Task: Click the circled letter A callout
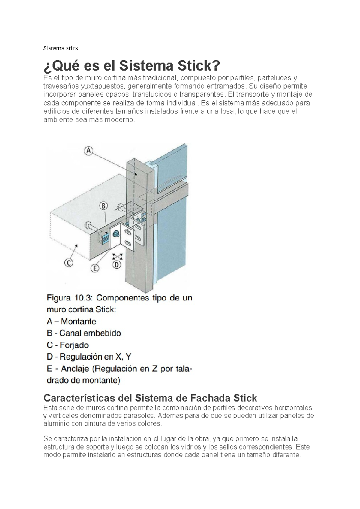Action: (x=88, y=151)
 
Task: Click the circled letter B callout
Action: (x=103, y=206)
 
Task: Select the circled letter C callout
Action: (x=69, y=263)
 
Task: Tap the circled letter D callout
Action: (x=117, y=265)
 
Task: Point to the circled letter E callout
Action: (x=95, y=268)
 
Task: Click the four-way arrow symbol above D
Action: (x=117, y=256)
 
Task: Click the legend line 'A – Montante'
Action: (x=71, y=321)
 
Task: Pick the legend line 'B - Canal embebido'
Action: (x=84, y=333)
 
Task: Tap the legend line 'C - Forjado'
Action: (x=67, y=345)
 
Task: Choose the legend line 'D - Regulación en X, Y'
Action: (x=89, y=357)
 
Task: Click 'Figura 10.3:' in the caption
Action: (x=70, y=298)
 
